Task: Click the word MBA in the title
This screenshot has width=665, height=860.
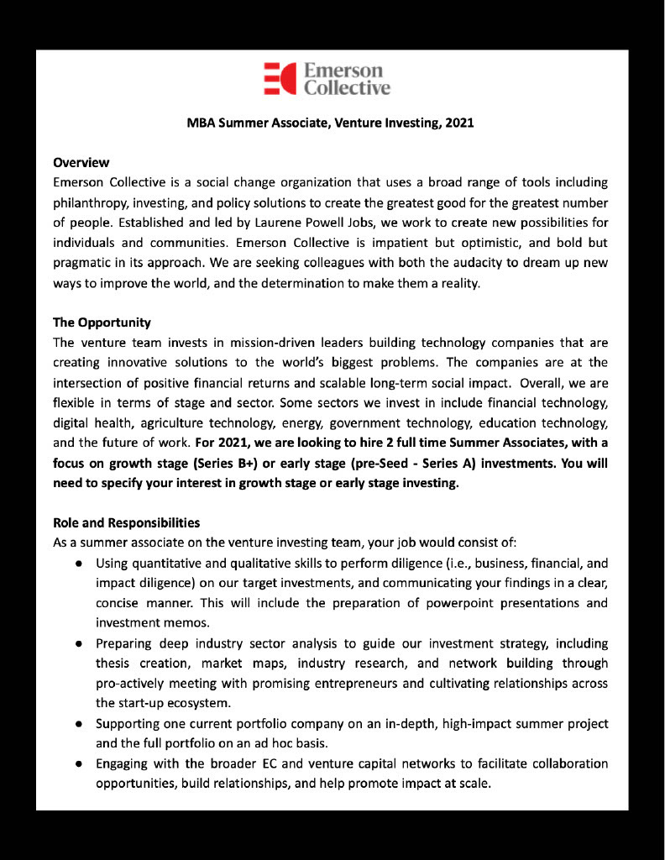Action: [x=201, y=123]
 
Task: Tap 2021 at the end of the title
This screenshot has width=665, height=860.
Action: [x=459, y=123]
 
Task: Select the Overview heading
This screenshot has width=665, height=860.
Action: [x=81, y=162]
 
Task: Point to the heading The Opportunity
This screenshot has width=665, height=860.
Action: [x=102, y=322]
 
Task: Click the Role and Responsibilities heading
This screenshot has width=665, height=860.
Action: [x=126, y=522]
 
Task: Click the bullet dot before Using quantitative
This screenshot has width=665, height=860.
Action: [x=77, y=563]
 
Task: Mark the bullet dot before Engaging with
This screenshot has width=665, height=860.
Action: [x=77, y=763]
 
